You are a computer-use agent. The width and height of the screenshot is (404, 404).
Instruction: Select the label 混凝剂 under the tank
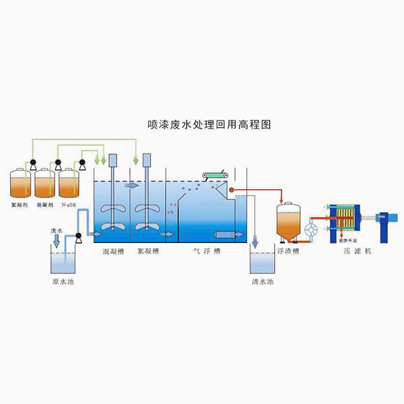(x=44, y=204)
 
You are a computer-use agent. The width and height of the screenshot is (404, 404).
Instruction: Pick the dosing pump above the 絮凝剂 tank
(x=32, y=162)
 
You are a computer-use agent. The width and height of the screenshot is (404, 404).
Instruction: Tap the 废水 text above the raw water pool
(x=57, y=230)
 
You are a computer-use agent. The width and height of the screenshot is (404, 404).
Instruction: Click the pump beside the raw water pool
(x=79, y=236)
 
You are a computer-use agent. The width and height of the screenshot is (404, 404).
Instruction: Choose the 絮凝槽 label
(x=147, y=251)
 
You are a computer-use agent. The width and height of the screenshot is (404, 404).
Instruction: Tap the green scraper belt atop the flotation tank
(x=215, y=176)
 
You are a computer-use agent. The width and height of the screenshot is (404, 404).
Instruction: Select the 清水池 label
(x=260, y=280)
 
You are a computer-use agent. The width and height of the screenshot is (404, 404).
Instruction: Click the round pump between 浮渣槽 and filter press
(x=311, y=230)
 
